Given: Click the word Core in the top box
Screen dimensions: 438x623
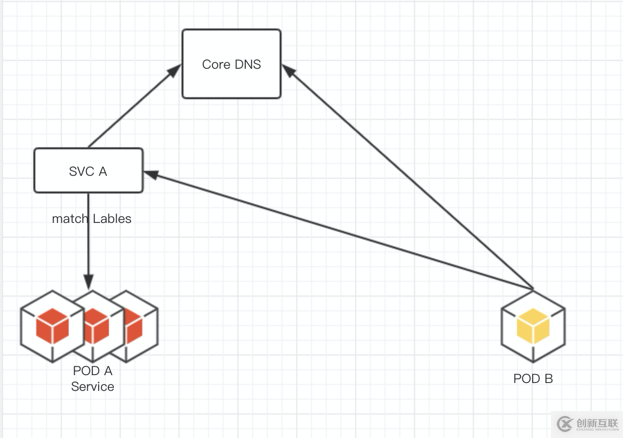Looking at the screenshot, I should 216,64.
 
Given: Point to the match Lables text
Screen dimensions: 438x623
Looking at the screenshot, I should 92,219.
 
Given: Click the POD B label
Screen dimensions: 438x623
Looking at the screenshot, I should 533,379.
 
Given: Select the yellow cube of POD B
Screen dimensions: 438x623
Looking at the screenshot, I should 533,327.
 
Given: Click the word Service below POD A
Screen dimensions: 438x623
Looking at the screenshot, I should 92,386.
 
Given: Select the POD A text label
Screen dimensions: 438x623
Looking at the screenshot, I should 92,371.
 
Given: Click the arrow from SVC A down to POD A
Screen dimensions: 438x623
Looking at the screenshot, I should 88,246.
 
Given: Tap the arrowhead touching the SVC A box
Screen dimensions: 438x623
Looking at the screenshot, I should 150,174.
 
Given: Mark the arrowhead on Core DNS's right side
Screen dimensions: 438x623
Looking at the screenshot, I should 288,72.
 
